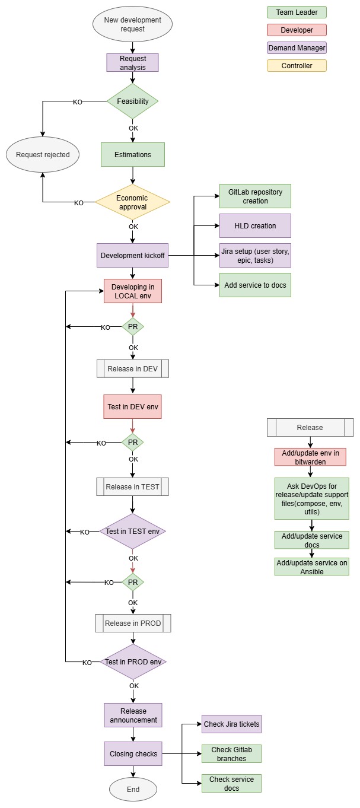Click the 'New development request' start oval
point(132,24)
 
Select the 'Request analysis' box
point(132,63)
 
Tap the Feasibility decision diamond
point(132,101)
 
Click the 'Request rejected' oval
point(43,155)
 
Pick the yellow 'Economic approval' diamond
point(132,203)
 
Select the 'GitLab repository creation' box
point(255,196)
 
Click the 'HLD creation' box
point(255,226)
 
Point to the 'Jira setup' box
point(255,256)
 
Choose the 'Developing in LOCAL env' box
point(132,291)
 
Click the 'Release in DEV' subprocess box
point(132,368)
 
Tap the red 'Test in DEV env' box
point(132,407)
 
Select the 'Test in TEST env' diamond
point(132,531)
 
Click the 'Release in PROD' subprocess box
point(132,624)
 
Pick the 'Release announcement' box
point(133,715)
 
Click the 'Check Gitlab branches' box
point(231,753)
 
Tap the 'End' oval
point(133,790)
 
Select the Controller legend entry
point(297,66)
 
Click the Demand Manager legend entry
point(297,48)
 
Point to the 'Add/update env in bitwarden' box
point(310,457)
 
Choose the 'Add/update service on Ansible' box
point(311,567)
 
